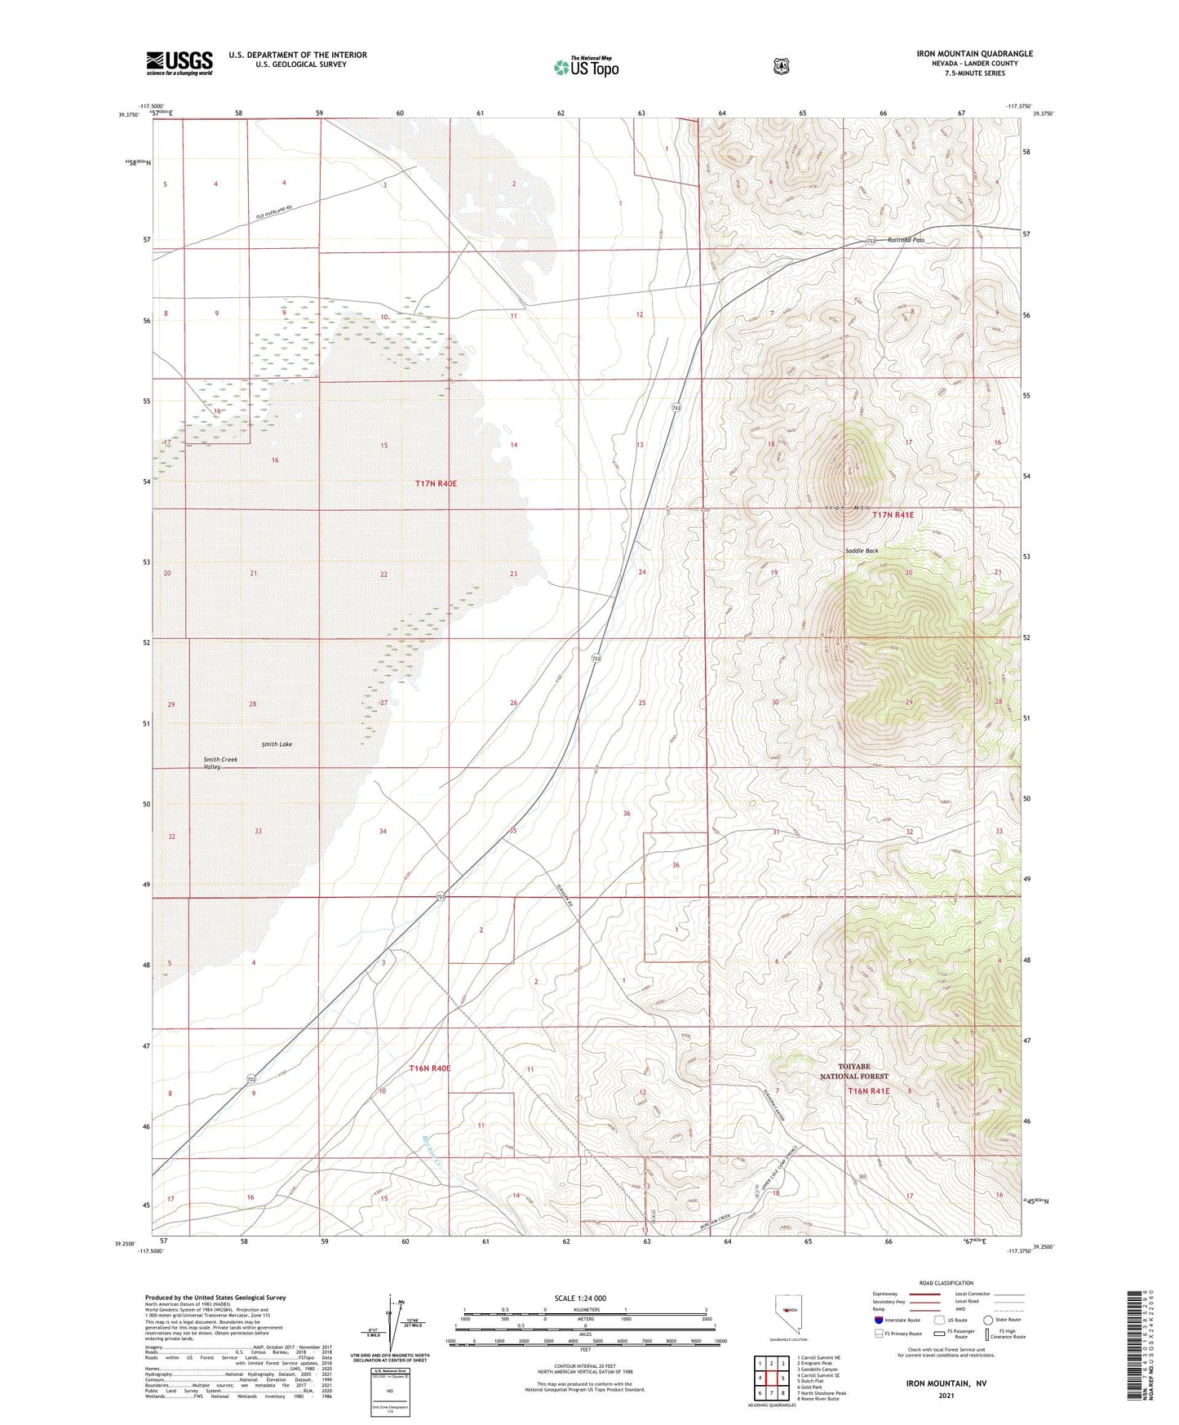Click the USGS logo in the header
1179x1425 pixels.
coord(180,63)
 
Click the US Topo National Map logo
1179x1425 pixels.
coord(585,67)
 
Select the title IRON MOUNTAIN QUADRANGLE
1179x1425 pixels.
coord(974,54)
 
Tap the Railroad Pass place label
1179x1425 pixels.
coord(906,240)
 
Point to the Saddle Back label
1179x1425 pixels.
coord(861,551)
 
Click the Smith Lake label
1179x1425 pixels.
coord(277,744)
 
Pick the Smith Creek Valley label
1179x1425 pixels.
coord(220,763)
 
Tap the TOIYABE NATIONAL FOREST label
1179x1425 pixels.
coord(853,1072)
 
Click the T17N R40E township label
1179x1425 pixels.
coord(436,484)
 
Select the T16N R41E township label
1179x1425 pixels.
coord(868,1090)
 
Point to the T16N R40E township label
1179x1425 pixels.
coord(429,1068)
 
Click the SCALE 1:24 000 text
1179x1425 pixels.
coord(580,1298)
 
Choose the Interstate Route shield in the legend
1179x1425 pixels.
coord(878,1320)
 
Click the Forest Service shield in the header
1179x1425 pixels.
coord(781,66)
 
